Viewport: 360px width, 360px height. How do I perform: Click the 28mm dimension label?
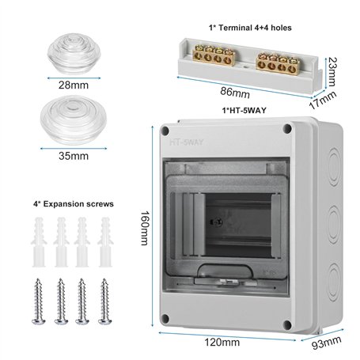pos(74,85)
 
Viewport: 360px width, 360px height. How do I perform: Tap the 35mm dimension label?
pos(74,156)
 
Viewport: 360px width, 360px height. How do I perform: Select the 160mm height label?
pos(145,228)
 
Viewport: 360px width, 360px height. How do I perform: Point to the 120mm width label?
pos(222,343)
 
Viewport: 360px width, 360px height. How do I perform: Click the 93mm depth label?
pos(327,343)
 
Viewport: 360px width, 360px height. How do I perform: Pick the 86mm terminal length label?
pos(235,93)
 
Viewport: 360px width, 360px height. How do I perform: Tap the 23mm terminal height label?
pos(332,72)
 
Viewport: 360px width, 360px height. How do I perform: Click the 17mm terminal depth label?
pos(323,100)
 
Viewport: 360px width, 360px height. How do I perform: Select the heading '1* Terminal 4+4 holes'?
pos(250,28)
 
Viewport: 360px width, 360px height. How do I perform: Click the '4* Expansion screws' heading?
pos(74,204)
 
